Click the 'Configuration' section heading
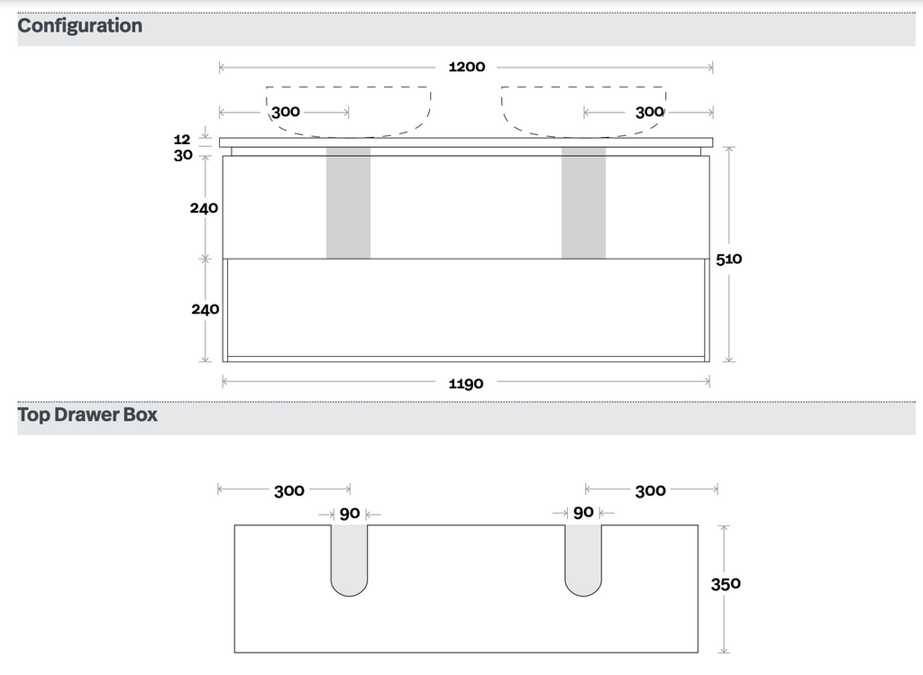[80, 26]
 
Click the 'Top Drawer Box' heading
[87, 415]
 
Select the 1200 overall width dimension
[467, 67]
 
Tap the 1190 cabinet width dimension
[466, 384]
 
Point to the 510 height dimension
[728, 259]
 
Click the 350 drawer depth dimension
[726, 584]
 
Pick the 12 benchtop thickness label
[182, 140]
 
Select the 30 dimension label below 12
[183, 155]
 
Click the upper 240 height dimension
[204, 208]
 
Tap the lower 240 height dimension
[205, 309]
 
